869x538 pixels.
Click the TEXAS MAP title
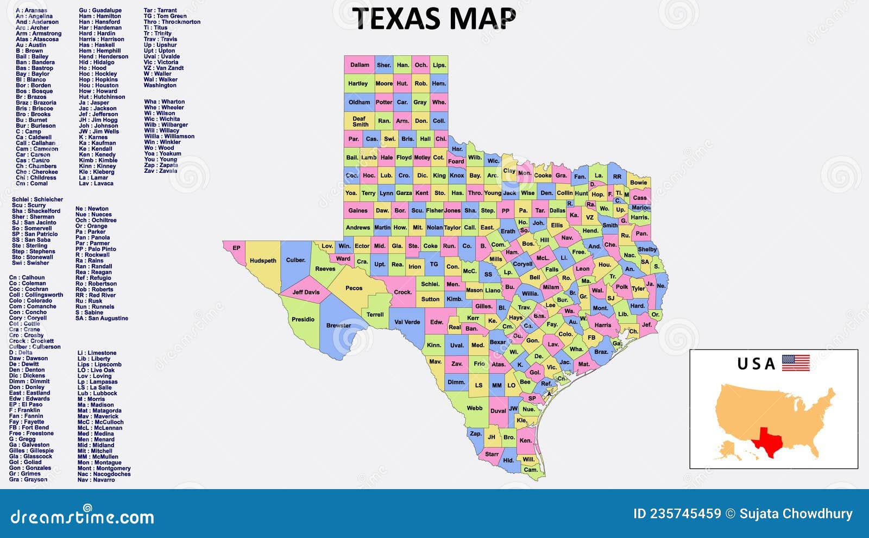pos(434,19)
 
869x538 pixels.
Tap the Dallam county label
pos(359,65)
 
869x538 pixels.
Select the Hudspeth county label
pos(263,261)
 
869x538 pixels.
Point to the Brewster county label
pos(338,326)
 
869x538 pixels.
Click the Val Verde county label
pos(407,322)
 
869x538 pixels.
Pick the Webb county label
pos(474,408)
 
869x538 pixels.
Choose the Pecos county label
pos(354,288)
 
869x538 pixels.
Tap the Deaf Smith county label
pos(360,121)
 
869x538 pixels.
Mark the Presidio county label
pos(303,320)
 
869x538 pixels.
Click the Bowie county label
pos(638,183)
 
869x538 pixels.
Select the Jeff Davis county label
pos(306,292)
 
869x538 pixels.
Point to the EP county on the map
pos(236,248)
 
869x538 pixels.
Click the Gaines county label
pos(358,210)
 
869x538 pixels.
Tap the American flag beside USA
pos(796,362)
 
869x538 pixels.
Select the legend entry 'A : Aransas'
pos(32,10)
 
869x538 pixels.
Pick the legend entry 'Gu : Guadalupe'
pos(100,10)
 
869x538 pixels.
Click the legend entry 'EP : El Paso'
pos(26,404)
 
